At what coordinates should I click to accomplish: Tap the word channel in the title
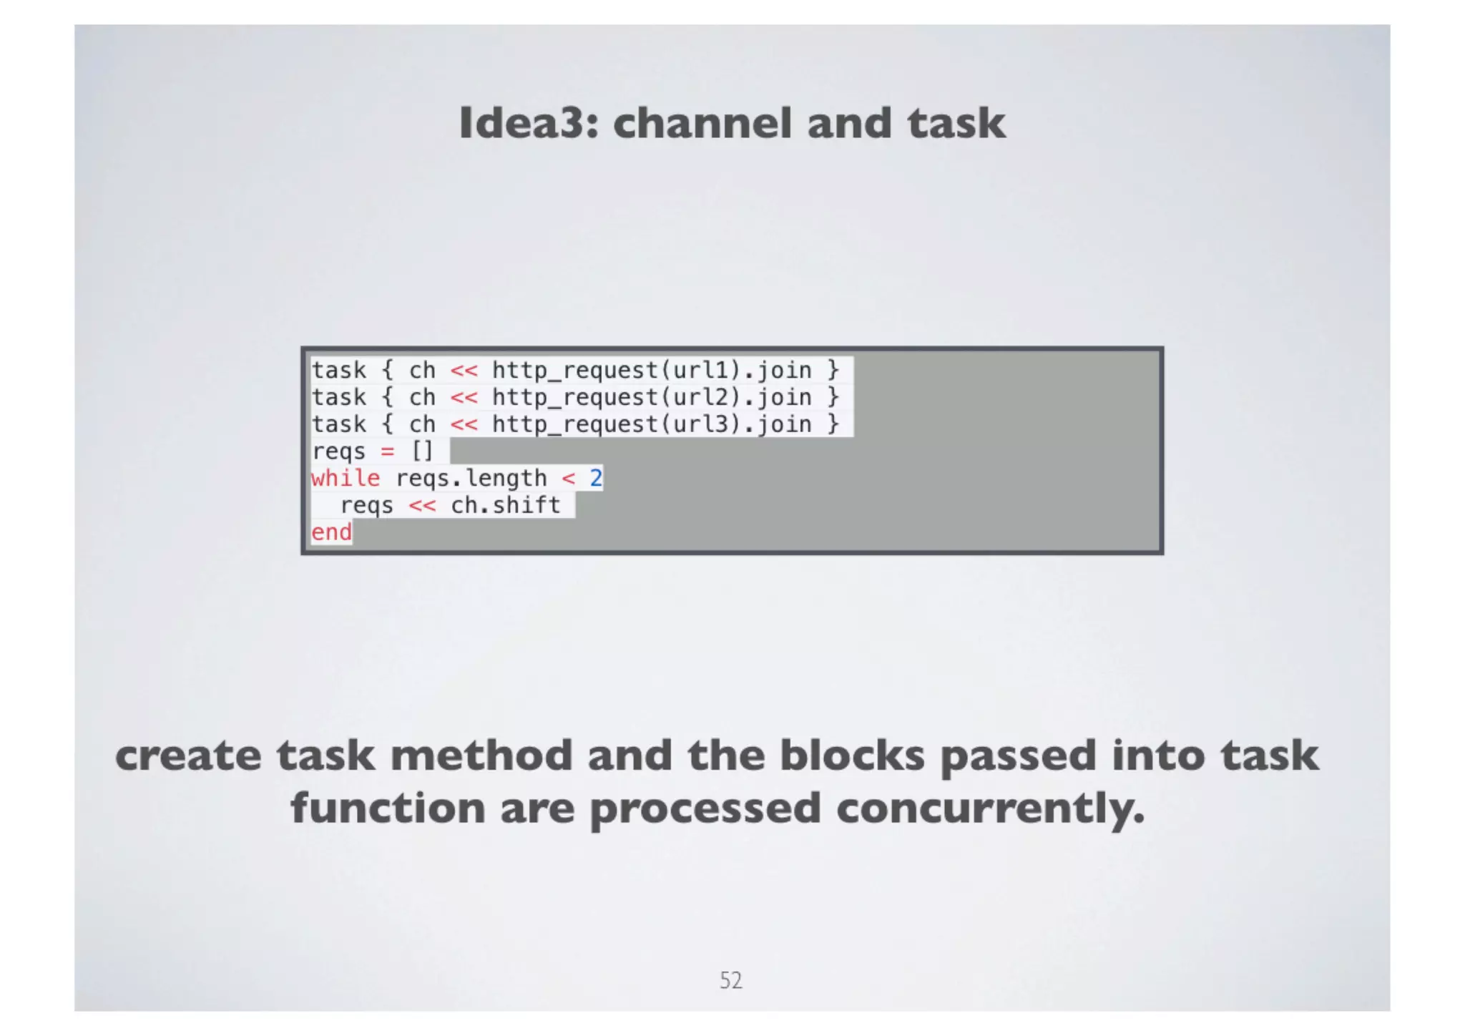pos(702,123)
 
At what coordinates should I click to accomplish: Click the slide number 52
pos(730,980)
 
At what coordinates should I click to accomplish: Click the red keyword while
pos(346,479)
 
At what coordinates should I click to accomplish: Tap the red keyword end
pos(331,532)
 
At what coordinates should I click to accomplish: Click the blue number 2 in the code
pos(595,479)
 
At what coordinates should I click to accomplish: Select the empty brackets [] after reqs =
pos(422,451)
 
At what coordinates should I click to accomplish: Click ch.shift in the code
pos(505,506)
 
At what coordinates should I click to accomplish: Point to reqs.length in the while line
pos(471,479)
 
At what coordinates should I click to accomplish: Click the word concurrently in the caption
pos(990,808)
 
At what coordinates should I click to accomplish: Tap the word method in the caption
pos(481,756)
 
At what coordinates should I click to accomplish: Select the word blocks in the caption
pos(851,756)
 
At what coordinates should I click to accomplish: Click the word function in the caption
pos(388,808)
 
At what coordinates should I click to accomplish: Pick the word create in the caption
pos(188,756)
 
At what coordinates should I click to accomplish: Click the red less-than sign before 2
pos(568,479)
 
